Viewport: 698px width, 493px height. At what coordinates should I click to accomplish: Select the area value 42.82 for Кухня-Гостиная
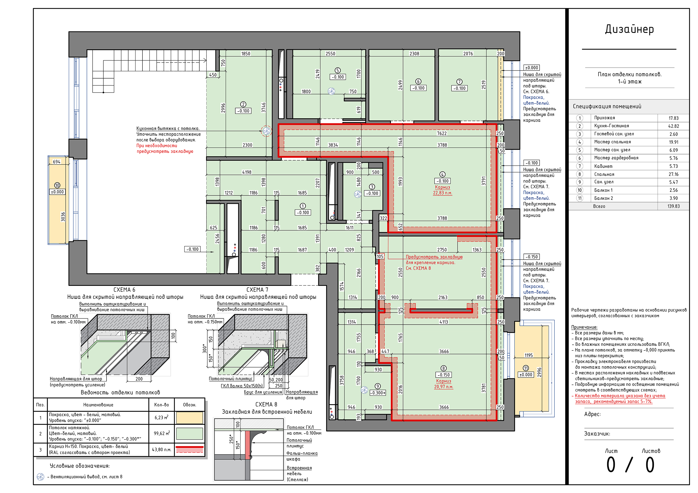[673, 126]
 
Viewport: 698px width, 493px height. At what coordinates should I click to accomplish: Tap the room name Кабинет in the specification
[603, 166]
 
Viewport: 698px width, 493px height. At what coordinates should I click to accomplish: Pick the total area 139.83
[673, 206]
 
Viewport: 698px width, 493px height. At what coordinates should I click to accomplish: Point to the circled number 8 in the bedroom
[444, 368]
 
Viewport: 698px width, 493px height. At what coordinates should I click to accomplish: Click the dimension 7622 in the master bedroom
[442, 133]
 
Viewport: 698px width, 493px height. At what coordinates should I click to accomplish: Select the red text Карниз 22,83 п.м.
[442, 190]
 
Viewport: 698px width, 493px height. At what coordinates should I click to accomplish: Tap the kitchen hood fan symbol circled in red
[266, 131]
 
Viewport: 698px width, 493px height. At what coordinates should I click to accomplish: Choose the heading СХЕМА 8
[266, 404]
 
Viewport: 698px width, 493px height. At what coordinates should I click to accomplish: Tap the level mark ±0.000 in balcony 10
[57, 192]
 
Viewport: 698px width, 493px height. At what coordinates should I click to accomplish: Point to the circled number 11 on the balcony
[526, 368]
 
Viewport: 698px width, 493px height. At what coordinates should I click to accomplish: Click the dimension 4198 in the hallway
[247, 172]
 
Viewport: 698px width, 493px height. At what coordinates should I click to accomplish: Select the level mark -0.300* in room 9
[378, 393]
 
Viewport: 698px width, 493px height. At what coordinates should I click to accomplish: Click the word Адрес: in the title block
[592, 414]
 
